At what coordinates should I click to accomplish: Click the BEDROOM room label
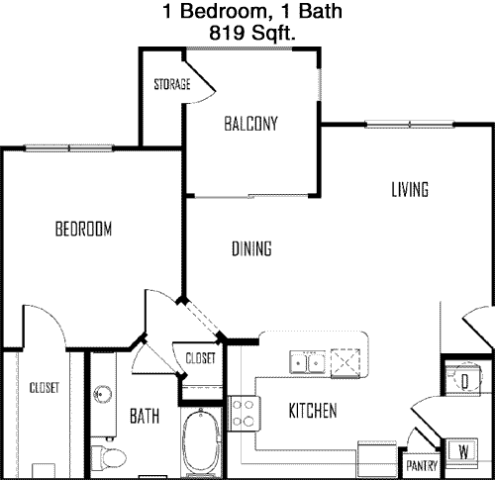[83, 229]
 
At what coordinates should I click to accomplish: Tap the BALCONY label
[250, 124]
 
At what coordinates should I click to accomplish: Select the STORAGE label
[172, 84]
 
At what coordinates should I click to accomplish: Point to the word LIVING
[410, 190]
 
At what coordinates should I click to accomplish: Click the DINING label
[251, 248]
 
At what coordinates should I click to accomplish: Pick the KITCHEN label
[313, 411]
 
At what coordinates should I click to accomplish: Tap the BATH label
[145, 416]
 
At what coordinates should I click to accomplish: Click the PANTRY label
[422, 466]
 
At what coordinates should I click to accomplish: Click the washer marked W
[463, 451]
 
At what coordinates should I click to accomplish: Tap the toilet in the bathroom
[109, 458]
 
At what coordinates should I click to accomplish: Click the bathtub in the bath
[201, 442]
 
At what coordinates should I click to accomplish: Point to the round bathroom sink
[102, 394]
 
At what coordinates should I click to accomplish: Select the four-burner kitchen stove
[244, 414]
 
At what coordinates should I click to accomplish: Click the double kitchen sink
[307, 362]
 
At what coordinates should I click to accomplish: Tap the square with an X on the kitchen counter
[346, 362]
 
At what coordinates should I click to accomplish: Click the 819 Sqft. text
[252, 33]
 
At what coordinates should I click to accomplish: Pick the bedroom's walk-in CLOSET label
[45, 388]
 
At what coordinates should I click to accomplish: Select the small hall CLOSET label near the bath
[200, 358]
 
